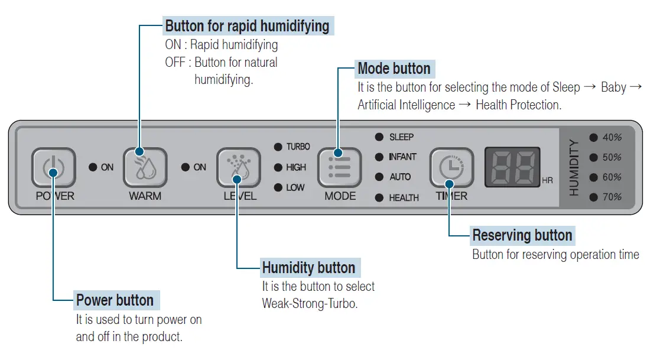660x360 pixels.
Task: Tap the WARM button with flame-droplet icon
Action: (145, 168)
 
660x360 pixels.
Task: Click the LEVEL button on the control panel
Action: (238, 168)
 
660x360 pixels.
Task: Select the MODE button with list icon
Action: (340, 168)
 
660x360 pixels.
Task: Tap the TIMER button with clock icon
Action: (451, 168)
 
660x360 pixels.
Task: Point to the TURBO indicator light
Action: (278, 147)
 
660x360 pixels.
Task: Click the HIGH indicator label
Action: (295, 168)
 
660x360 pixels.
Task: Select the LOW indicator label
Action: (295, 188)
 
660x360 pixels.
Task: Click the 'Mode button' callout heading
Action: (394, 69)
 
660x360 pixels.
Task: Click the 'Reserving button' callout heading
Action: (522, 236)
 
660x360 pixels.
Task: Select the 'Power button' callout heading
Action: (115, 300)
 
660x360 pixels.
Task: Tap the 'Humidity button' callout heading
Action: (308, 268)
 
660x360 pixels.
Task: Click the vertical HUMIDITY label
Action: (574, 168)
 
